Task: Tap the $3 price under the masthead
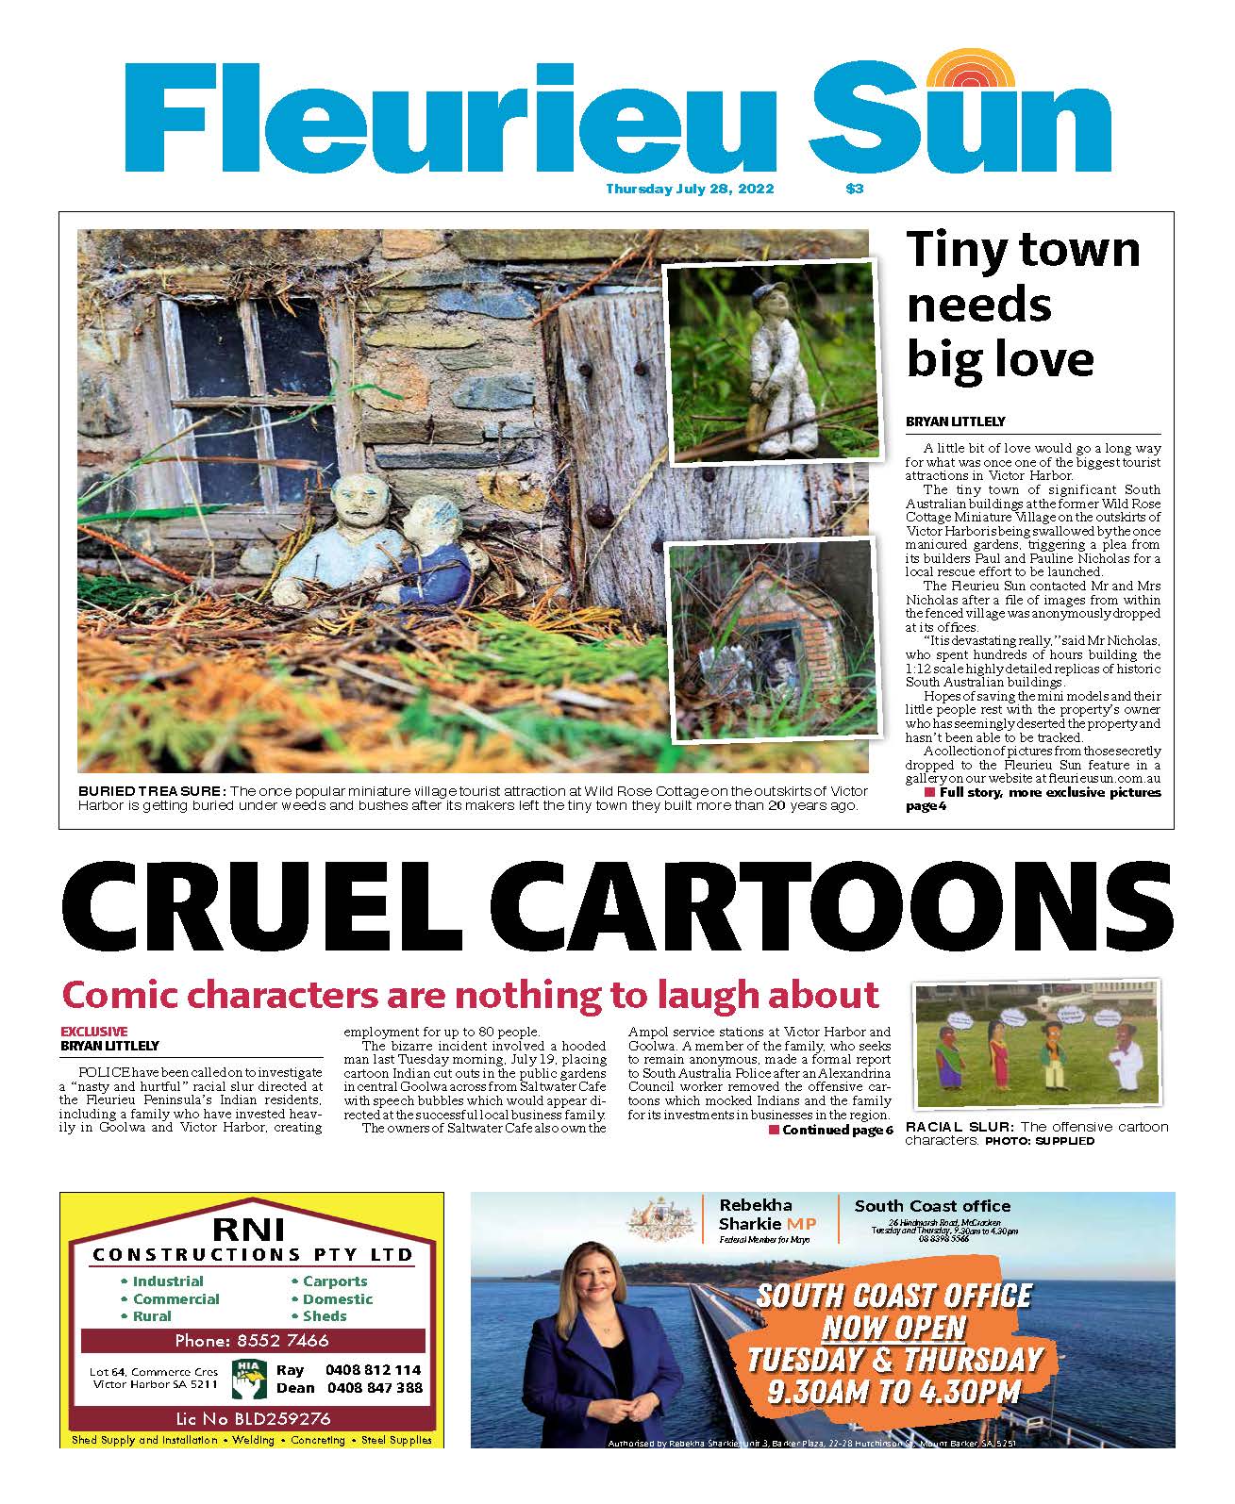pos(855,189)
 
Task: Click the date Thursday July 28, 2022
pos(690,189)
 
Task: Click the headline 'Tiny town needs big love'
pos(1023,304)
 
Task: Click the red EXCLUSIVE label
pos(93,1031)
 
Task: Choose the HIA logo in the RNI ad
pos(248,1378)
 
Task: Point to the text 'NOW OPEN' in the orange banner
pos(893,1328)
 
